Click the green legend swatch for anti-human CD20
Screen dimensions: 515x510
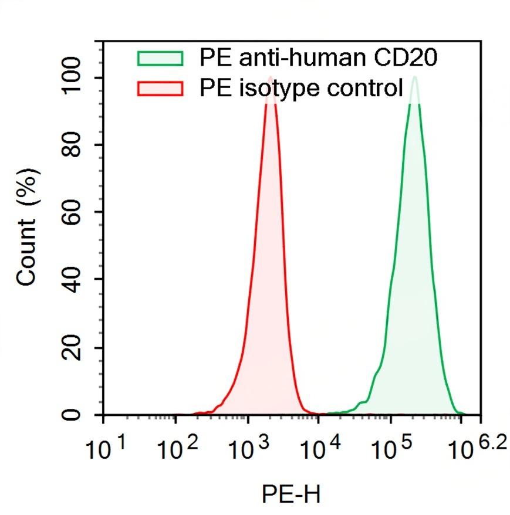point(160,58)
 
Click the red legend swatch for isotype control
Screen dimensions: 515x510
point(160,89)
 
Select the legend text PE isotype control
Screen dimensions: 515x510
point(301,89)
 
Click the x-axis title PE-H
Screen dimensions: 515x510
point(292,494)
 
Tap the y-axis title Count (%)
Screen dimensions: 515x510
point(28,226)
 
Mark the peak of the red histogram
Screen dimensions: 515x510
point(270,78)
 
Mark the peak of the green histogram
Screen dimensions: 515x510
point(414,77)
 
